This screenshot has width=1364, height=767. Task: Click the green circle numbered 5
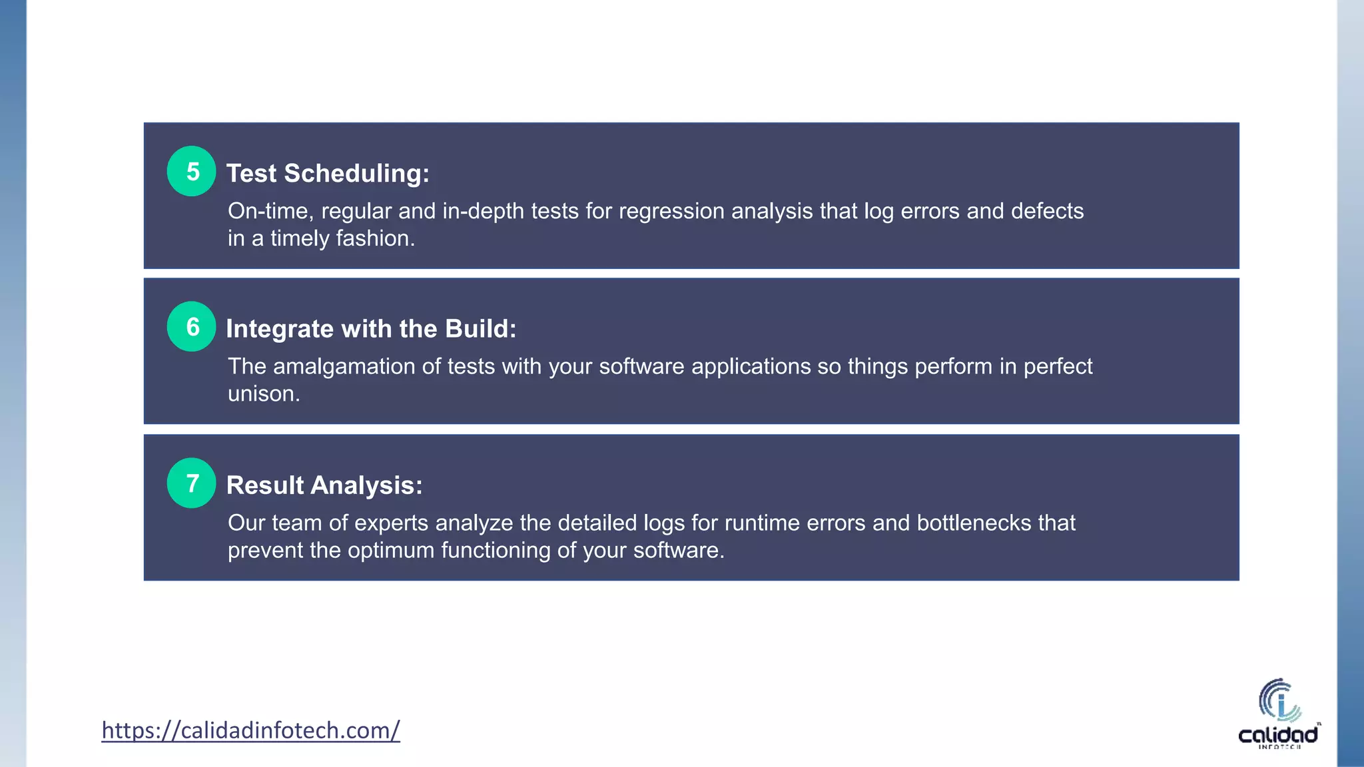[x=191, y=171]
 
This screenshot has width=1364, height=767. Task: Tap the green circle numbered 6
[x=191, y=326]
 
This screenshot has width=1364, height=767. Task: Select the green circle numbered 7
[x=191, y=483]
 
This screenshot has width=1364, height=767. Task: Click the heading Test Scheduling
[x=328, y=173]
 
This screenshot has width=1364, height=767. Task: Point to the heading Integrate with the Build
[x=371, y=329]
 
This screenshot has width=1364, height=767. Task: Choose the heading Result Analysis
[x=324, y=485]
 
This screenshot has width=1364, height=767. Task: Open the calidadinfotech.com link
[x=250, y=730]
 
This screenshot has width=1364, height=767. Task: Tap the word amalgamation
[x=344, y=367]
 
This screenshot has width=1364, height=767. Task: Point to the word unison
[x=264, y=394]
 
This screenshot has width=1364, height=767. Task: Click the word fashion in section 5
[x=375, y=238]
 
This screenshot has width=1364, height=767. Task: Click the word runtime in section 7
[x=762, y=523]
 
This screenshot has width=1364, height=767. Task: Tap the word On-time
[x=270, y=211]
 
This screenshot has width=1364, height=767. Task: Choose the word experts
[x=391, y=523]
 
